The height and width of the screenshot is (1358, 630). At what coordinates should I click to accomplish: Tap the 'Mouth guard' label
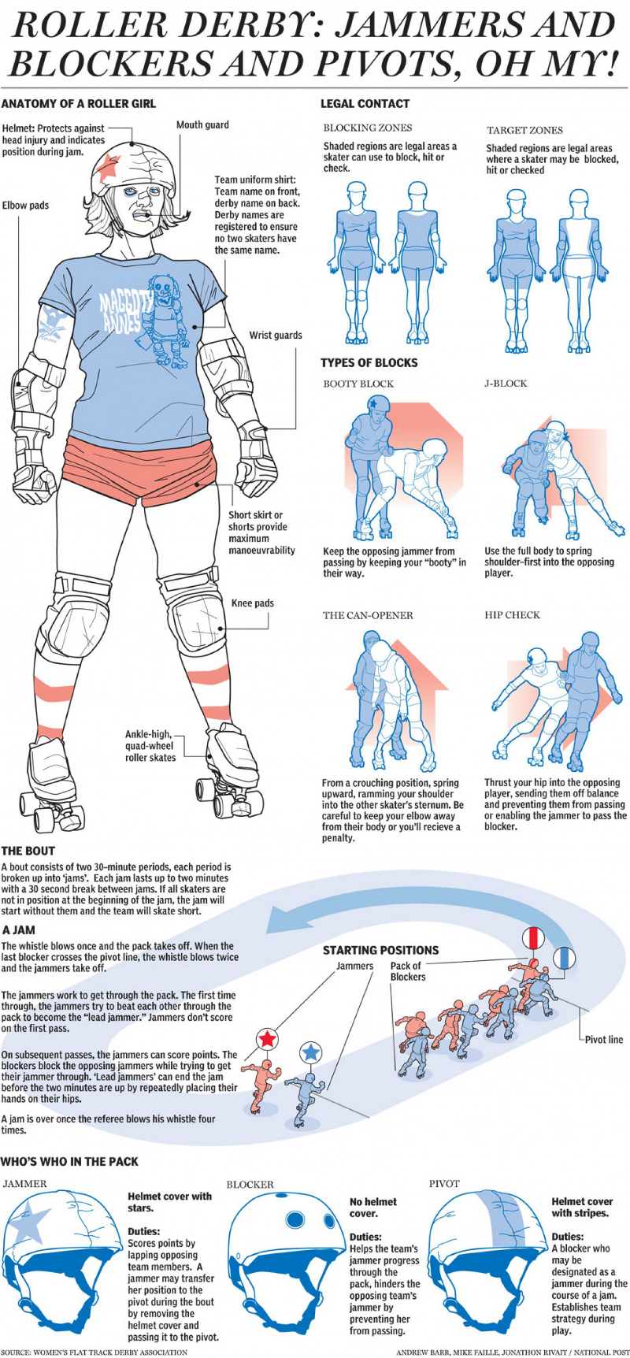click(202, 124)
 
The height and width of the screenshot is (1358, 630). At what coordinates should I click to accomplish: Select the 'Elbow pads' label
click(25, 206)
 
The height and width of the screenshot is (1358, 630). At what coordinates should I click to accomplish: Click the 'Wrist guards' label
click(276, 335)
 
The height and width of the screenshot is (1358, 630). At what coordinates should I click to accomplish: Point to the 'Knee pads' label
click(253, 603)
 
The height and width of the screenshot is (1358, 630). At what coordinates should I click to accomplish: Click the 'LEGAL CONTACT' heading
click(365, 103)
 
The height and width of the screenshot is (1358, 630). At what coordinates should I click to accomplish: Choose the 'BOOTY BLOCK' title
click(358, 384)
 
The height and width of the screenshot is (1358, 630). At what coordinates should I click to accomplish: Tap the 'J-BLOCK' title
click(506, 383)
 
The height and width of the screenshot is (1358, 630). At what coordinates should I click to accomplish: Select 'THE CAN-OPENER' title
click(368, 615)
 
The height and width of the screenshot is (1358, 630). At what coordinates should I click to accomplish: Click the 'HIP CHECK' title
click(512, 614)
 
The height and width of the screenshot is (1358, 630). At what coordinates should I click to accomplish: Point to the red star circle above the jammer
click(268, 1039)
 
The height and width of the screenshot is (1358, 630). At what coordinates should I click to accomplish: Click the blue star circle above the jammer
click(311, 1052)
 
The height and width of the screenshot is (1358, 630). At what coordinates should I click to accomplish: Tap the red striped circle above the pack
click(534, 938)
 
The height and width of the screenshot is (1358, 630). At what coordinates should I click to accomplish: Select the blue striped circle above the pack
click(564, 959)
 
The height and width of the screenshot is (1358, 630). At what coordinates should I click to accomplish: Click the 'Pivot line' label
click(603, 1040)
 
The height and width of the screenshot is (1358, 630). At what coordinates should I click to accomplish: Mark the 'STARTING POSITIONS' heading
click(380, 950)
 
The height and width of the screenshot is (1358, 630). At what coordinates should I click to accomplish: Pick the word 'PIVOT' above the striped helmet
click(444, 1183)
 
